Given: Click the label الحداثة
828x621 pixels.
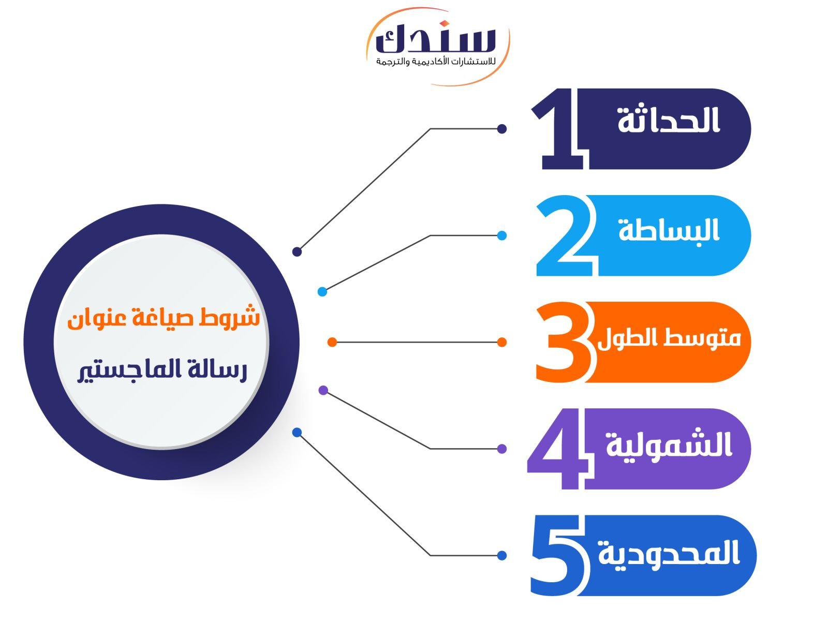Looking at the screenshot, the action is click(x=669, y=120).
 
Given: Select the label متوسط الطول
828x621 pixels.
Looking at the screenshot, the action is click(x=669, y=338).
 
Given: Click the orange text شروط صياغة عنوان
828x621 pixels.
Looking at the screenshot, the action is click(x=164, y=318).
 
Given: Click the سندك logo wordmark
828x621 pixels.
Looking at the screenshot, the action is click(x=436, y=38).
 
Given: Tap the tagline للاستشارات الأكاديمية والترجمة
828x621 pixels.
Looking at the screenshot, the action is click(x=436, y=61).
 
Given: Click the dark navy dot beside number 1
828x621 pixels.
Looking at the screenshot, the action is click(x=501, y=129).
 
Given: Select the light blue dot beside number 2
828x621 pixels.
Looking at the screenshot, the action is click(x=501, y=235).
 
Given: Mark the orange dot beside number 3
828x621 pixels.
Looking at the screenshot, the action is click(x=501, y=343).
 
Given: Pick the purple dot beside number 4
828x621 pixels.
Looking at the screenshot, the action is click(x=501, y=449).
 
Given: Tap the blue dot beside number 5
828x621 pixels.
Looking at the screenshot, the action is click(x=501, y=555).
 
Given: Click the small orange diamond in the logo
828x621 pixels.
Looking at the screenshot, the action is click(x=445, y=24).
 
